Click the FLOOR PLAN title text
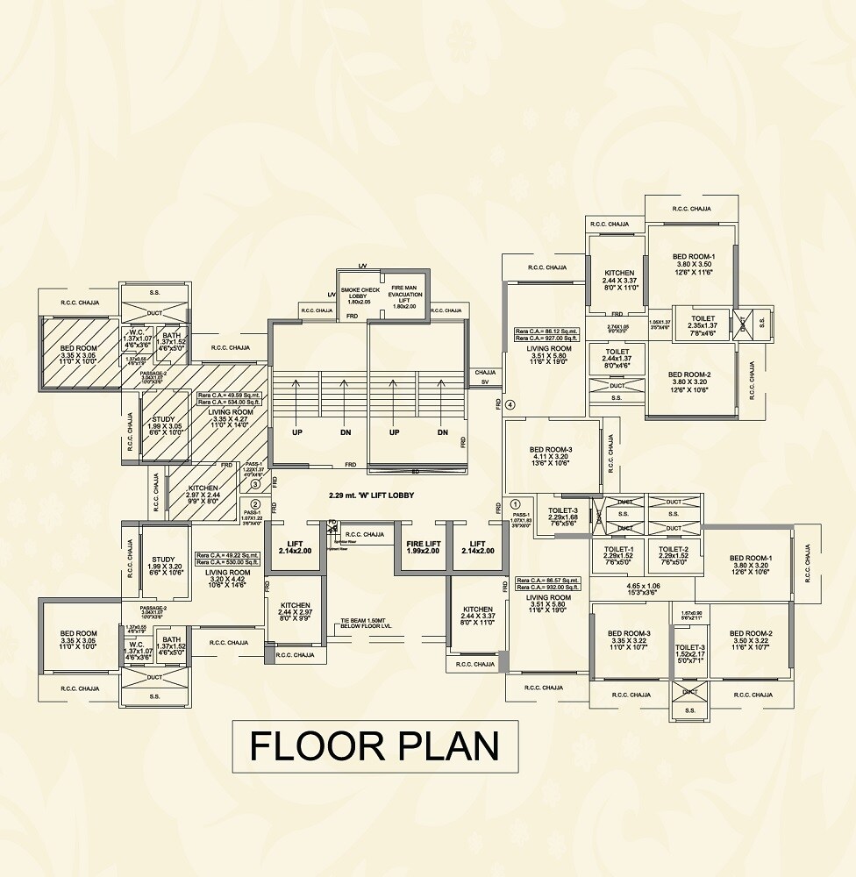[x=374, y=746]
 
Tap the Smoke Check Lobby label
[x=360, y=295]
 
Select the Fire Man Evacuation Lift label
[x=408, y=296]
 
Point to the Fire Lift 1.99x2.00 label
[x=422, y=547]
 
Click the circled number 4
[x=511, y=404]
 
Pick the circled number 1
[x=514, y=504]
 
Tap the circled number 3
[x=255, y=483]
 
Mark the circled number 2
[x=255, y=504]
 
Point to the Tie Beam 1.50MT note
[x=367, y=624]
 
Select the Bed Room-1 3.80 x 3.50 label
[x=692, y=262]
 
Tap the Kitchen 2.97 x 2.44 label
[x=203, y=493]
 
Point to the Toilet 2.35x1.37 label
[x=703, y=323]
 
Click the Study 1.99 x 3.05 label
[x=164, y=425]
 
